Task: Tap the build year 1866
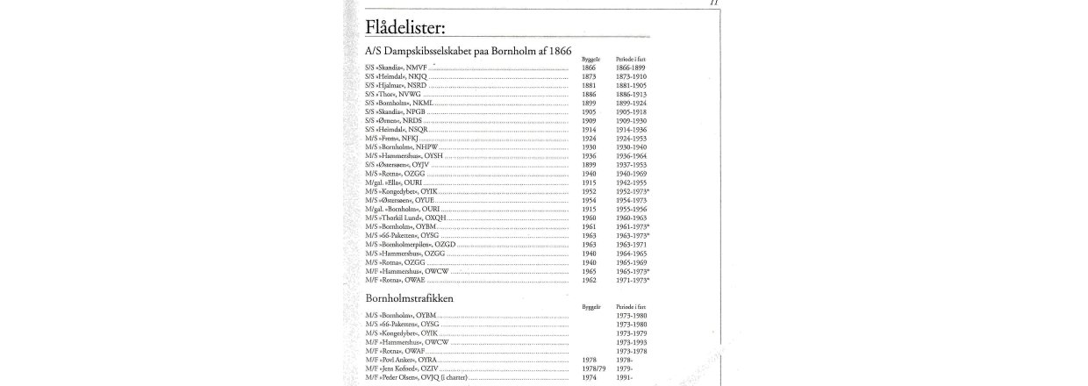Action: click(x=588, y=67)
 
